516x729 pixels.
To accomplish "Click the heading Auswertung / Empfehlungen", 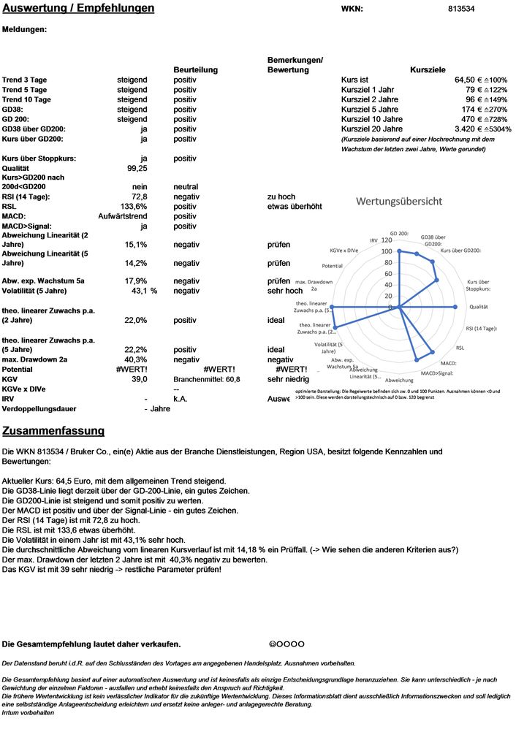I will tap(78, 9).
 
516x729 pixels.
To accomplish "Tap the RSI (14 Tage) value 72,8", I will tap(140, 197).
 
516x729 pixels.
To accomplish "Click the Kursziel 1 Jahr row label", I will tap(368, 89).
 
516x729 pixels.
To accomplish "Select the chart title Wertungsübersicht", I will tap(398, 200).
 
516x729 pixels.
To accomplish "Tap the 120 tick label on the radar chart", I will tap(386, 240).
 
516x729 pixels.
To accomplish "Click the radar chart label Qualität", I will tap(479, 308).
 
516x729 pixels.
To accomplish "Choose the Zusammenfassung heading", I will tap(53, 431).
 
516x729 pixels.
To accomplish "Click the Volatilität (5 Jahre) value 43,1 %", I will tap(143, 291).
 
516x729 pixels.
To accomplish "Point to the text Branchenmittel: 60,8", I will tap(207, 380).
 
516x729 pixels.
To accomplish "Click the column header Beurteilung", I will tap(195, 70).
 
